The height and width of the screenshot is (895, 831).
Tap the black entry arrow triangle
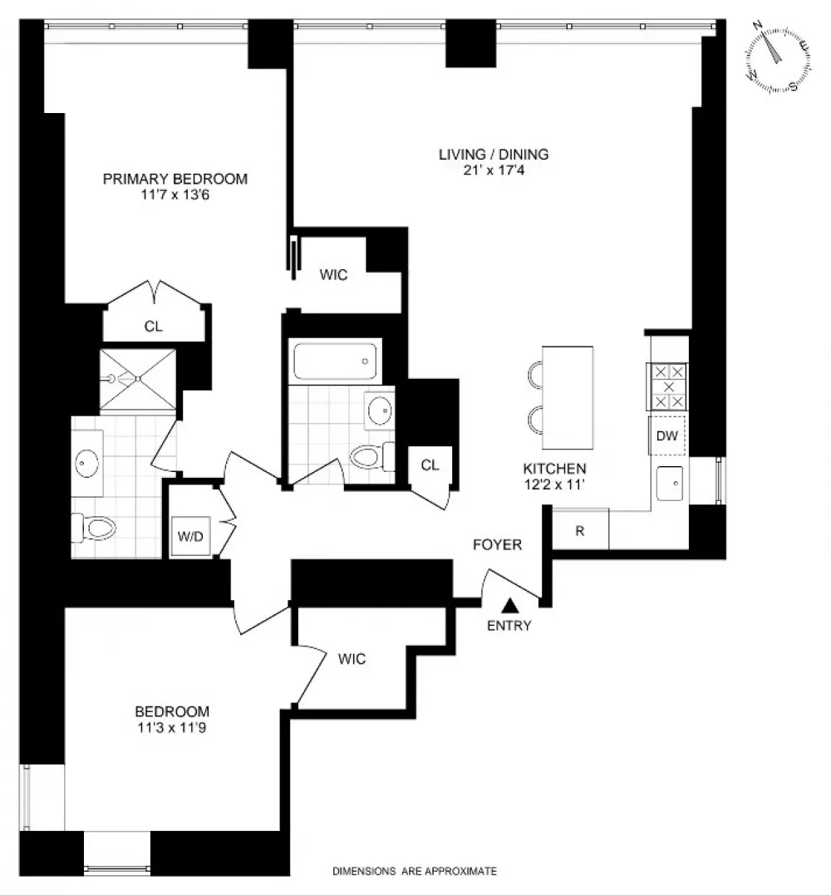(510, 605)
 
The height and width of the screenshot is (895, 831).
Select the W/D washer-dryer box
(190, 536)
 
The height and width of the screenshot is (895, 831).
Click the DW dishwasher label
(666, 436)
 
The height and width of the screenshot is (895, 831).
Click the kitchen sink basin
(670, 484)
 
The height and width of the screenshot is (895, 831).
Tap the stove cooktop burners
(668, 387)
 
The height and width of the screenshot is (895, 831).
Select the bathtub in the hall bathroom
(334, 361)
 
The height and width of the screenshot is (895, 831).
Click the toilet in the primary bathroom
(94, 528)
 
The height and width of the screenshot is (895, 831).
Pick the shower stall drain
(138, 378)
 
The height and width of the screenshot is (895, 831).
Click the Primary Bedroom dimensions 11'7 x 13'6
(175, 194)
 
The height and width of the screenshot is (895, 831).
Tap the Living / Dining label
(494, 154)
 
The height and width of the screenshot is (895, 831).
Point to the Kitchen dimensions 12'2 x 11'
(555, 484)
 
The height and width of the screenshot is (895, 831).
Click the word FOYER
(498, 544)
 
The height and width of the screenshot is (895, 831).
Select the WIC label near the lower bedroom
(352, 659)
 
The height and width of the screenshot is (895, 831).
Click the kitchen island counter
(568, 398)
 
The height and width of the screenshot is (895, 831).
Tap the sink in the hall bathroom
(379, 410)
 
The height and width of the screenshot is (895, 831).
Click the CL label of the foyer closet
(430, 465)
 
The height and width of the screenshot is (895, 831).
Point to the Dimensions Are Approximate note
(415, 871)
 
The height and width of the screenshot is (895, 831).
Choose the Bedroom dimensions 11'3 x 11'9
(172, 728)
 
